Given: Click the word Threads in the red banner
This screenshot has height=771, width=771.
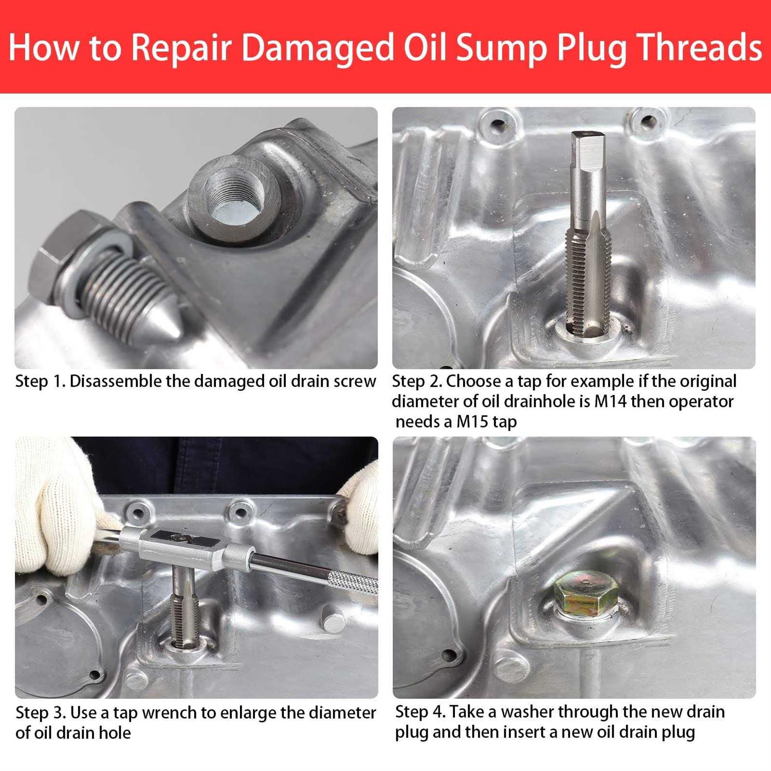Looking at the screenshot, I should [x=700, y=47].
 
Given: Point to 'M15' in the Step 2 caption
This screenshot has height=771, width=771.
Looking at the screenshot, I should [x=472, y=422].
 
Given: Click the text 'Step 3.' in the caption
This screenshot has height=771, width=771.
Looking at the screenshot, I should [x=41, y=713].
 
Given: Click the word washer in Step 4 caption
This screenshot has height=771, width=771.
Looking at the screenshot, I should [x=527, y=712].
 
